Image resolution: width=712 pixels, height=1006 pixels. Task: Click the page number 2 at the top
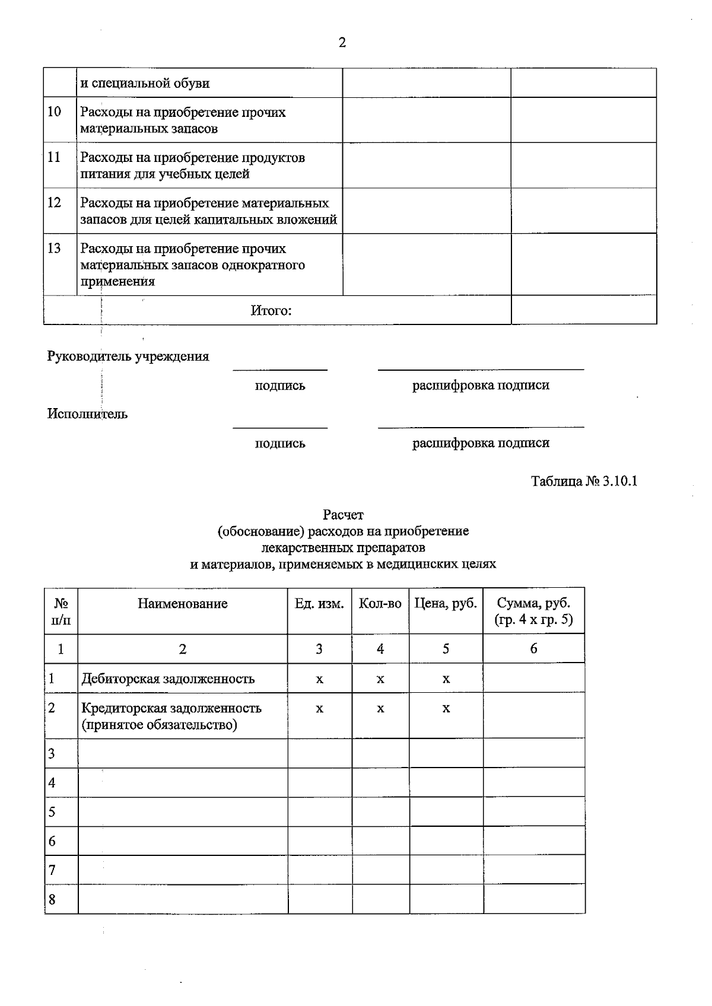coord(342,43)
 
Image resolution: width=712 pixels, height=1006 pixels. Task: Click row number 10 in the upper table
coord(54,112)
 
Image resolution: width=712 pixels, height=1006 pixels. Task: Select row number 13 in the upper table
coord(54,248)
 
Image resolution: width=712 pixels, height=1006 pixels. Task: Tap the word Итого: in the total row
coord(271,311)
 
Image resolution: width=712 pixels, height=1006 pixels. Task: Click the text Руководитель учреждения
coord(128,356)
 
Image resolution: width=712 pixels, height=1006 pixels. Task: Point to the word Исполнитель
coord(87,414)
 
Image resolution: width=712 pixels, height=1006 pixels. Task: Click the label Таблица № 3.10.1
coord(584,481)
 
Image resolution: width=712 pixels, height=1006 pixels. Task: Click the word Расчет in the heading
coord(343,515)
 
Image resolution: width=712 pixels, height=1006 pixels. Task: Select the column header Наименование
coord(183,604)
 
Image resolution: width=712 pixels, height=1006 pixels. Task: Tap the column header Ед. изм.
coord(319,604)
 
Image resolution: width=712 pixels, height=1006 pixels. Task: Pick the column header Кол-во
coord(380,604)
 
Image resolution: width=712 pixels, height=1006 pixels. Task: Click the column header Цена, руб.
coord(446,604)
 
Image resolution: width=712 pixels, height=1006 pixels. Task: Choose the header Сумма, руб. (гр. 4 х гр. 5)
coord(533,612)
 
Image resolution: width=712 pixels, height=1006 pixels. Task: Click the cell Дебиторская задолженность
coord(168,679)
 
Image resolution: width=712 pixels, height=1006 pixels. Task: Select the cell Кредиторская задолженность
coord(171,708)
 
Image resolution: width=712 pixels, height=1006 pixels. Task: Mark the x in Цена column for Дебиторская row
coord(446,679)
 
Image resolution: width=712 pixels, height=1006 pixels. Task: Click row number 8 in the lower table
coord(52,899)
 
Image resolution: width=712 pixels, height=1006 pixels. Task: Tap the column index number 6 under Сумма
coord(533,649)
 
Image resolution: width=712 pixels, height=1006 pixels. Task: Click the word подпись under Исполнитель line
coord(280,443)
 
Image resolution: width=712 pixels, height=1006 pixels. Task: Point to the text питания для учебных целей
coord(165,174)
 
